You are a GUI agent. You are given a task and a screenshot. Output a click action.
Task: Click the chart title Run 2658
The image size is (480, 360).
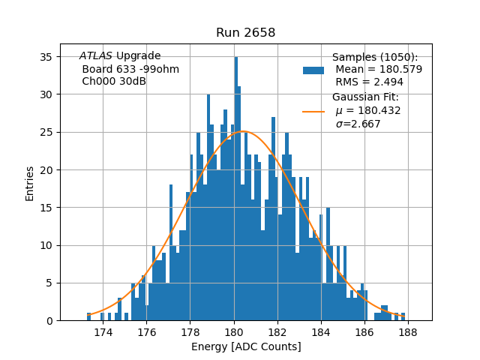245,32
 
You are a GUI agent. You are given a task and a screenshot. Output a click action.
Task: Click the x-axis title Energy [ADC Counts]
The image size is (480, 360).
246,346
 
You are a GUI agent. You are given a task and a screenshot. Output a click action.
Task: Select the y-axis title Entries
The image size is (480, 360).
30,183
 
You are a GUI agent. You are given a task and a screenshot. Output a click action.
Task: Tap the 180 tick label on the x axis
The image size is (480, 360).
234,331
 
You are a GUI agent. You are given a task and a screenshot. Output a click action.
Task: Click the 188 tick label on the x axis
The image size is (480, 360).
409,331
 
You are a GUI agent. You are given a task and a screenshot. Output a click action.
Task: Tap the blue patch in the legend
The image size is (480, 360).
313,70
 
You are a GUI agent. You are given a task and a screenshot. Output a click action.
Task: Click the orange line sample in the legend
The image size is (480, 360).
313,111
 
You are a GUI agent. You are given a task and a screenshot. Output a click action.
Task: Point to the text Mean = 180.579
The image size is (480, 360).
379,70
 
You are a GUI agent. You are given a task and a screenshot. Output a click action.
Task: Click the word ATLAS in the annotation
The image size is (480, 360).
96,56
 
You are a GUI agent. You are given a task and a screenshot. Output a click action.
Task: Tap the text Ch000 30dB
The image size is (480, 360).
114,82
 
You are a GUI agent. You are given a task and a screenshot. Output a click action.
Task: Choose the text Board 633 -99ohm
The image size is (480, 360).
130,69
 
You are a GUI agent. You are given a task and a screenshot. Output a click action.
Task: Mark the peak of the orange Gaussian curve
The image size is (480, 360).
243,131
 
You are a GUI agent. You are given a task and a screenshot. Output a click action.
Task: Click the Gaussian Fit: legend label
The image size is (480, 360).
366,97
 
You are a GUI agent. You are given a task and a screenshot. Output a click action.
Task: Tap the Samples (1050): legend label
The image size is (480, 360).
375,58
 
